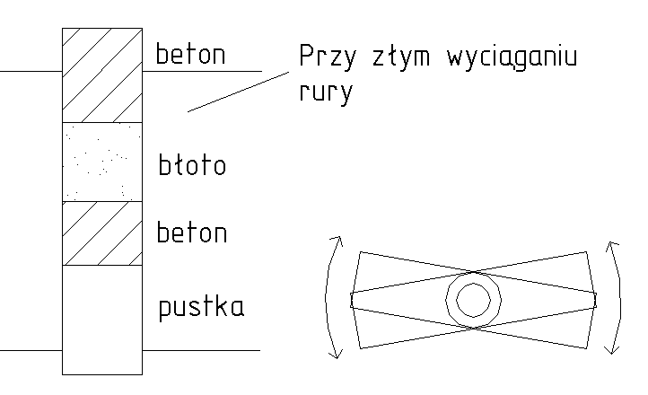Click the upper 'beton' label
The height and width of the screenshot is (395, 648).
(x=191, y=56)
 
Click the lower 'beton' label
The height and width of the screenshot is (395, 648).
(x=191, y=233)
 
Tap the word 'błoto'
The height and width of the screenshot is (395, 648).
(x=190, y=165)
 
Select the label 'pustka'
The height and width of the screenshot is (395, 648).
(x=201, y=308)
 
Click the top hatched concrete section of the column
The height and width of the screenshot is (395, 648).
(x=101, y=75)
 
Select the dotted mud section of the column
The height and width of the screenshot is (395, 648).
(x=101, y=162)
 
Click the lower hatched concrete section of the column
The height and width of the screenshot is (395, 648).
(x=101, y=233)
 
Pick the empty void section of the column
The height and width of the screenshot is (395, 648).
(x=101, y=319)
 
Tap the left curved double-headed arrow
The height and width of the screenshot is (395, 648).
(x=329, y=298)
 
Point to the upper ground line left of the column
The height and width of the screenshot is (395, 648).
(x=31, y=70)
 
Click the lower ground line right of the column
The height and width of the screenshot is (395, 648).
(x=201, y=350)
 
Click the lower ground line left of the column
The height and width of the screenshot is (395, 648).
(x=31, y=350)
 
